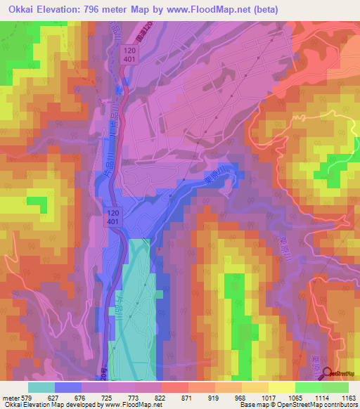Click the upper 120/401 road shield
click(x=128, y=56)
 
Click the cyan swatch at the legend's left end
click(x=41, y=387)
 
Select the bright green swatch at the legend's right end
click(x=335, y=387)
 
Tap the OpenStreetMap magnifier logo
click(x=328, y=374)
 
